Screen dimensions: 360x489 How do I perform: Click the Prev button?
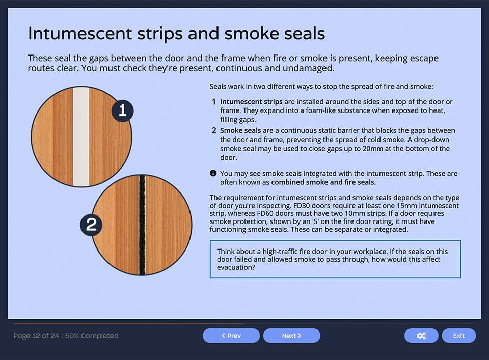coord(231,336)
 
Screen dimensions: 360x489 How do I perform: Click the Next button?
coord(291,336)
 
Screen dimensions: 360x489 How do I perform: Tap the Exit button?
coord(458,336)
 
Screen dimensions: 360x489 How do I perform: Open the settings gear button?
coord(421,336)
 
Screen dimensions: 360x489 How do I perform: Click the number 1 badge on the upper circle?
coord(122,111)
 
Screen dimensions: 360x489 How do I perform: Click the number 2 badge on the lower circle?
coord(91,225)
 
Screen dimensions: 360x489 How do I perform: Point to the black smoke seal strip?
coord(142,225)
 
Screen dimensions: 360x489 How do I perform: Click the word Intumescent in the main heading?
coord(80,34)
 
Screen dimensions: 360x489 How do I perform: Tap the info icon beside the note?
coord(213,173)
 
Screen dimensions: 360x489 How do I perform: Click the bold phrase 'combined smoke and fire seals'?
coord(323,182)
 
